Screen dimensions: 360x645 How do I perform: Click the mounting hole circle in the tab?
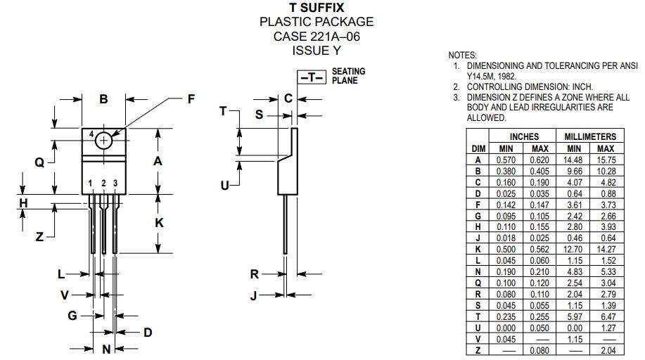click(104, 140)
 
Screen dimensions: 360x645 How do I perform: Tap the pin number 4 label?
click(91, 134)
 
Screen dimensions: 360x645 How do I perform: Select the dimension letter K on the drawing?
click(160, 223)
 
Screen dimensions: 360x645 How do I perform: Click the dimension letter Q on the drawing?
click(39, 163)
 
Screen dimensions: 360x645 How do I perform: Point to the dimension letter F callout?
click(191, 100)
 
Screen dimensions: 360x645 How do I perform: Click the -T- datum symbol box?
click(313, 77)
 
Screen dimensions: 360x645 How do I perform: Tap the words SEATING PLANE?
click(348, 76)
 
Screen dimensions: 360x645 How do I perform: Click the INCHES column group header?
click(524, 136)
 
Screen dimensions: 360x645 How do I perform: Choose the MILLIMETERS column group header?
click(590, 136)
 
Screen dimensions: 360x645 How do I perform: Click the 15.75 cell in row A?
click(606, 160)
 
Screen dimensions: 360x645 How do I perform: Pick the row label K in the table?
click(478, 249)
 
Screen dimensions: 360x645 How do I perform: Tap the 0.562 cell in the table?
click(539, 249)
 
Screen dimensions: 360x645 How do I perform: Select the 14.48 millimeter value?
click(573, 160)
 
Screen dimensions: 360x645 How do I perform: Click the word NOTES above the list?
click(462, 56)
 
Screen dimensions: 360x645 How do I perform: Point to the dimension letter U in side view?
click(224, 186)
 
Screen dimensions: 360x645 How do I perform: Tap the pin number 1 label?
click(91, 184)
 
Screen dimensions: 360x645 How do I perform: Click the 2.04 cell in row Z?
click(606, 349)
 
